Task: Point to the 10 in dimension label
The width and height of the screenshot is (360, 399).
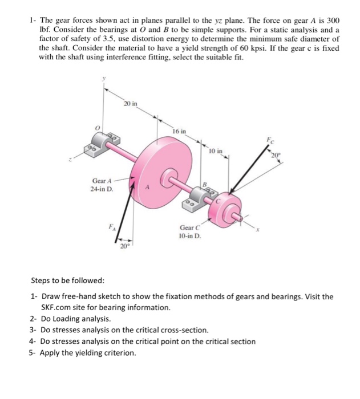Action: pyautogui.click(x=216, y=152)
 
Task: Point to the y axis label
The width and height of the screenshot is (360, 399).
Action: pyautogui.click(x=103, y=81)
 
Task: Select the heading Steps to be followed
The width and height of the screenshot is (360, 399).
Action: pyautogui.click(x=67, y=280)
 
